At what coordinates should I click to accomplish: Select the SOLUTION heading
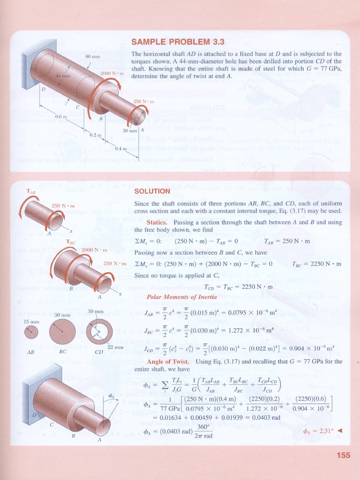click(152, 191)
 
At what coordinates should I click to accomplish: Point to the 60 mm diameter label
click(93, 56)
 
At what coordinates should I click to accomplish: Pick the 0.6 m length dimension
click(61, 117)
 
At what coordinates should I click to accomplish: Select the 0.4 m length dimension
click(121, 149)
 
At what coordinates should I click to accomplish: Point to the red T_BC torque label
click(71, 242)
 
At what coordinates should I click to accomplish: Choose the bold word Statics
click(157, 222)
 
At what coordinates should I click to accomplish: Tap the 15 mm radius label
click(31, 322)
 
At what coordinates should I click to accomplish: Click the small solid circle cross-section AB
click(31, 332)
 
